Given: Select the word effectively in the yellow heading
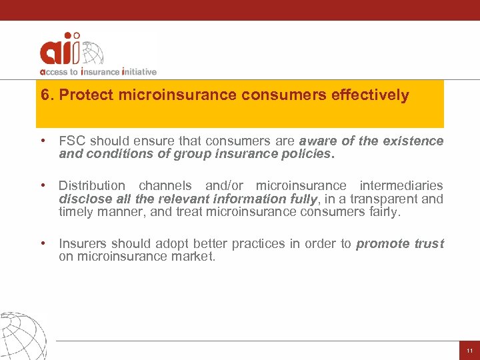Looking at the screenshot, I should tap(370, 95).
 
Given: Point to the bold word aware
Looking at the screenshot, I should tap(317, 141).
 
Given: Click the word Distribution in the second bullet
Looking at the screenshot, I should tap(91, 185).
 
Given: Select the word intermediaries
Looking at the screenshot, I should tap(401, 185).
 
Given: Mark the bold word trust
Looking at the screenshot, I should tap(429, 243).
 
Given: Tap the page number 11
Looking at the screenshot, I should tap(469, 351).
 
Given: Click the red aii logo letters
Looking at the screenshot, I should tap(60, 50).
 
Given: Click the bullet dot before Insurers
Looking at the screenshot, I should tap(43, 243).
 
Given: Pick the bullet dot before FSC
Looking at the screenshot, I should tap(43, 141).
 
